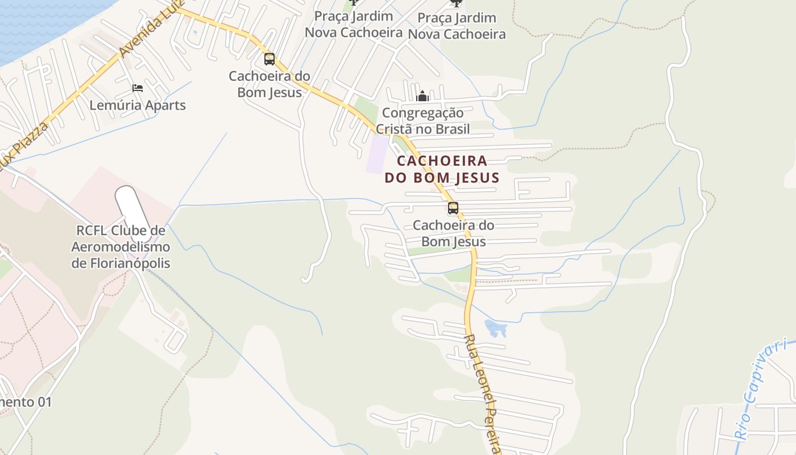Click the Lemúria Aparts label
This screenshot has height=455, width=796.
point(138,105)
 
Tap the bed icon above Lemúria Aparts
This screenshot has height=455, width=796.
point(138,88)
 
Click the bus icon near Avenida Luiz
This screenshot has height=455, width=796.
point(270,59)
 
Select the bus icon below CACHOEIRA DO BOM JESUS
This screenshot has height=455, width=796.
point(453,208)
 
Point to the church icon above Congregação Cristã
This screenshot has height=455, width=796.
point(422,96)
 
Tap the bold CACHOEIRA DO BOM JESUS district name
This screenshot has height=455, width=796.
point(442,169)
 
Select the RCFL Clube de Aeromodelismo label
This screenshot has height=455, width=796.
point(121,247)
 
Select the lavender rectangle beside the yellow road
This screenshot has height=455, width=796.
point(377,154)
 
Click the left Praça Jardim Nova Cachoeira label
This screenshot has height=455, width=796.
point(354,24)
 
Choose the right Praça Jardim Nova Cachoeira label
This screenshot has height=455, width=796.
point(457,26)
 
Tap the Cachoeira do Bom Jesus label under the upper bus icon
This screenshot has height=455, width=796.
point(270,84)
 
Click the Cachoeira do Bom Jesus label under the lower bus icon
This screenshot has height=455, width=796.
point(453,233)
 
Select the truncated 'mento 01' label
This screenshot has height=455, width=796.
point(26,402)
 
